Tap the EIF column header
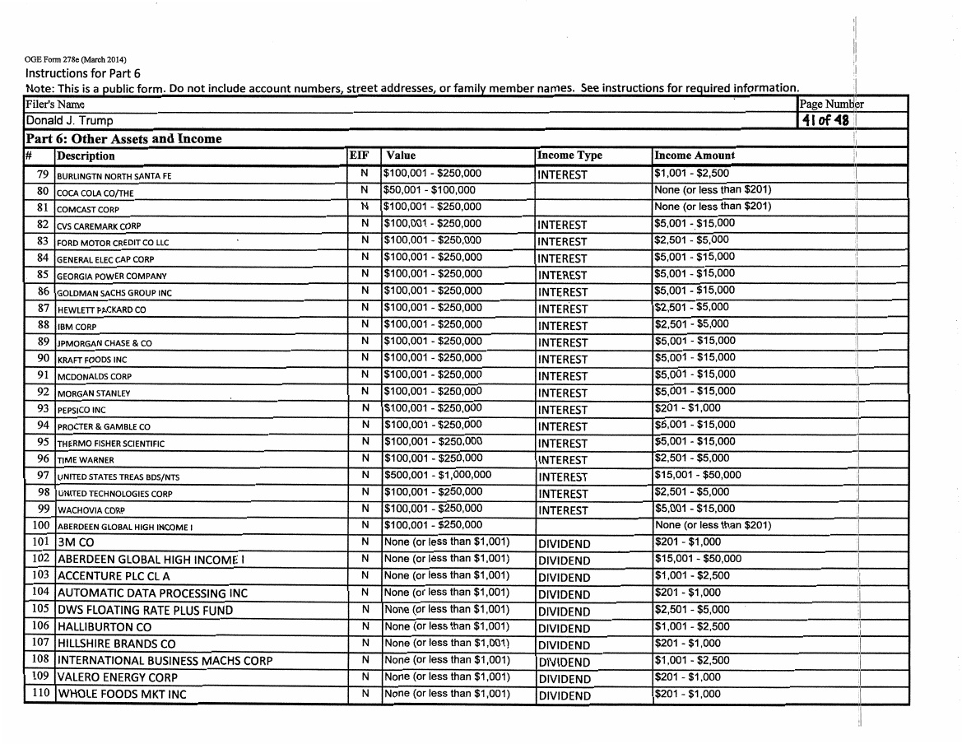pos(360,155)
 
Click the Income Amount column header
pos(695,156)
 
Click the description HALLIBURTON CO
pos(105,627)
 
